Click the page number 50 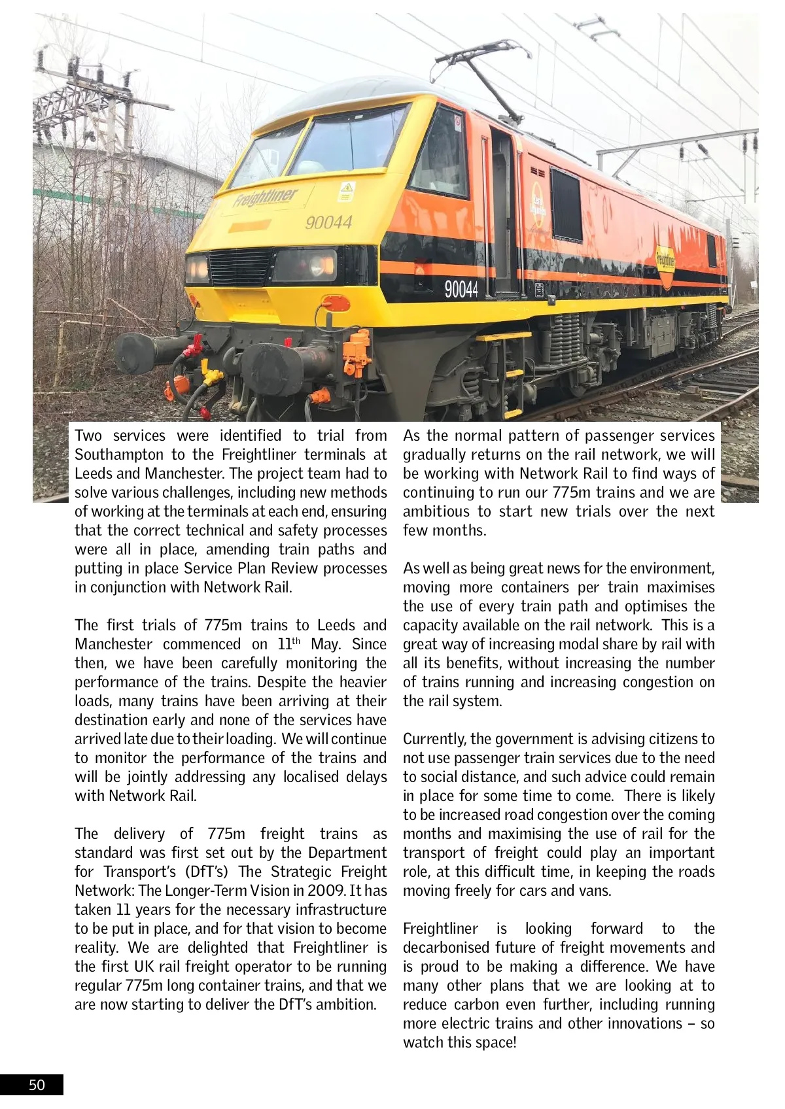pyautogui.click(x=37, y=1085)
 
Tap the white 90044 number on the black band pyautogui.click(x=461, y=288)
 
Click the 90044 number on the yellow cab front pyautogui.click(x=328, y=223)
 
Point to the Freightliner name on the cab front pyautogui.click(x=265, y=197)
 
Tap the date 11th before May pyautogui.click(x=288, y=644)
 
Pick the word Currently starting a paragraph pyautogui.click(x=434, y=739)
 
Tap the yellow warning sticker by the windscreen pyautogui.click(x=346, y=192)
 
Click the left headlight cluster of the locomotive pyautogui.click(x=198, y=268)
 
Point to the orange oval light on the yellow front pyautogui.click(x=336, y=303)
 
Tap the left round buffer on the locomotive pyautogui.click(x=135, y=353)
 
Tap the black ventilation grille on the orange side pyautogui.click(x=566, y=205)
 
